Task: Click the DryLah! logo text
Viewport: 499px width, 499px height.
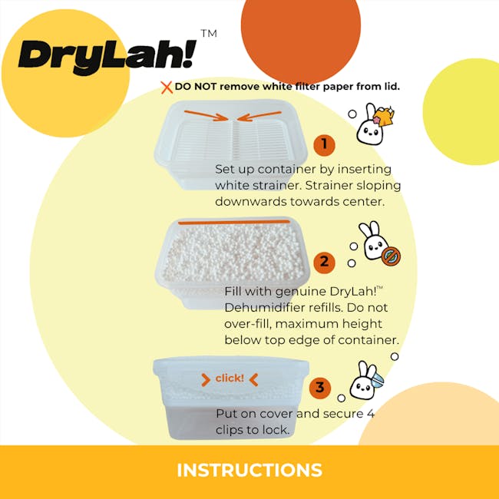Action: pyautogui.click(x=107, y=56)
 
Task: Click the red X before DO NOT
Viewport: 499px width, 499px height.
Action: pyautogui.click(x=166, y=87)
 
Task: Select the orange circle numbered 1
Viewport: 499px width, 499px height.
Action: pyautogui.click(x=324, y=144)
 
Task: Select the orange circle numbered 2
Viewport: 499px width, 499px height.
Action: pyautogui.click(x=324, y=262)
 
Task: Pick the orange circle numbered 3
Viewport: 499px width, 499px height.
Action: pyautogui.click(x=321, y=388)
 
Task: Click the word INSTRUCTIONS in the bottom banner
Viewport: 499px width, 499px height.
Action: pyautogui.click(x=249, y=470)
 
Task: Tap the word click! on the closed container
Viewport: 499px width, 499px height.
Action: pyautogui.click(x=230, y=378)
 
